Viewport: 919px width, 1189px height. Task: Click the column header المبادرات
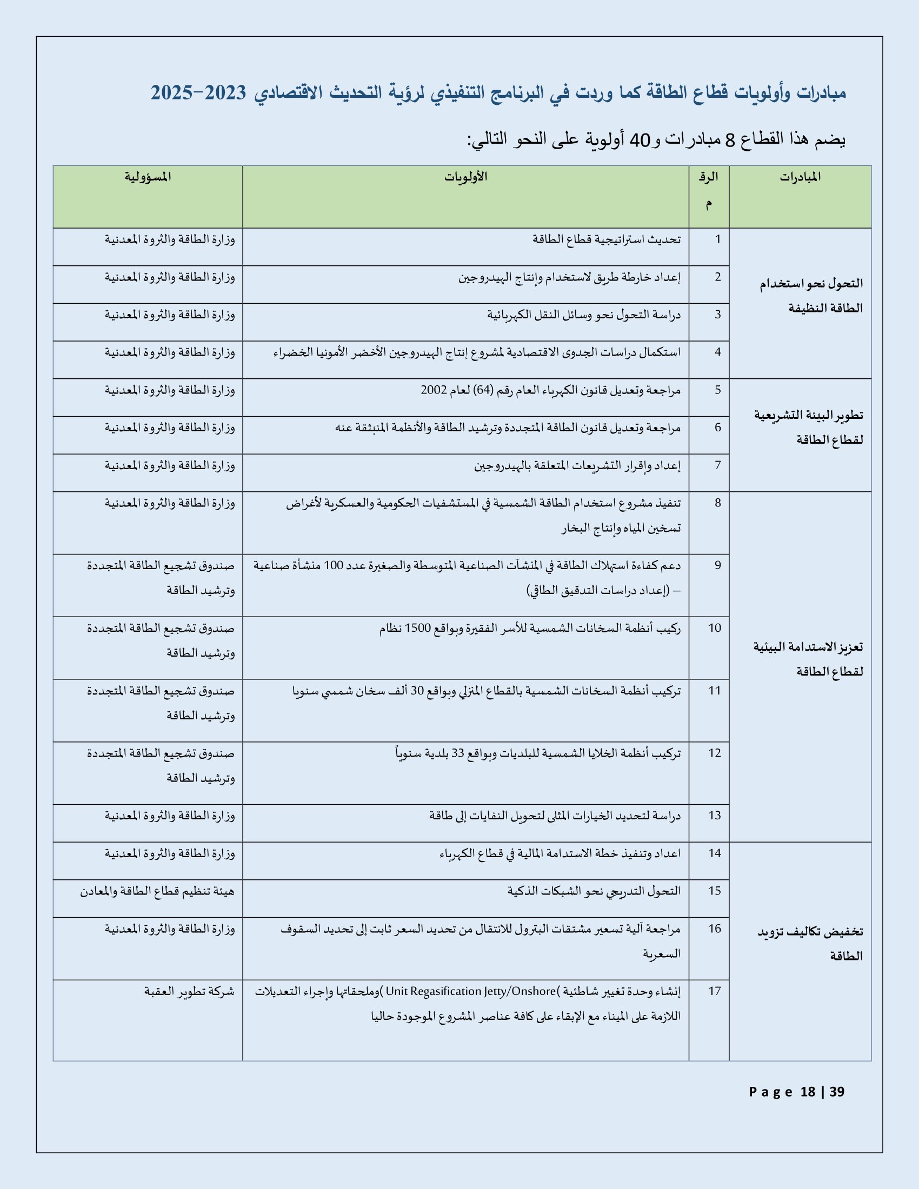[800, 177]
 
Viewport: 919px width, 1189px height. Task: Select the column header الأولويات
[465, 177]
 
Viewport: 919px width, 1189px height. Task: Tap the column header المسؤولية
[148, 177]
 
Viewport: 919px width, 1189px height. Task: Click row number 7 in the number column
[717, 465]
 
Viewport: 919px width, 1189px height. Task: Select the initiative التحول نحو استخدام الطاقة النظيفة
[811, 296]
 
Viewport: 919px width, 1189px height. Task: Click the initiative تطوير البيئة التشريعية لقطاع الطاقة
[809, 427]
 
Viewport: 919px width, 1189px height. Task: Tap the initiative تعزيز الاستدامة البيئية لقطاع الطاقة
[809, 659]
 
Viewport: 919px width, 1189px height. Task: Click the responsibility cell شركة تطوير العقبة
[189, 991]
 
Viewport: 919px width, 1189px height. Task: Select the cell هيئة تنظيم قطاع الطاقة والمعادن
[157, 891]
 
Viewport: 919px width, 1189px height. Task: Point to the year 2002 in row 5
[434, 390]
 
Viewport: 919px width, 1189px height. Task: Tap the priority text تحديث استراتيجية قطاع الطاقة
[606, 239]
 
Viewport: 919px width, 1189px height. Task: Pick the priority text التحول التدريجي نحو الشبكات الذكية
[594, 891]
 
